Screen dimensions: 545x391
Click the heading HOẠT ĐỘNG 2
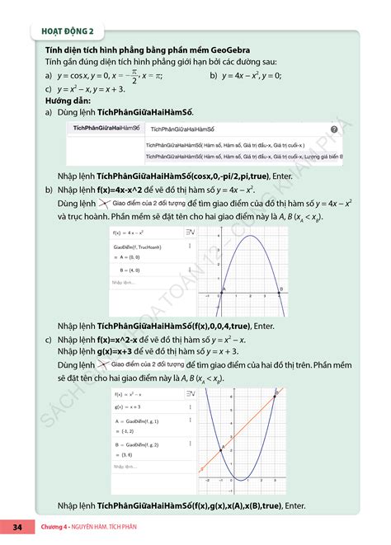(68, 32)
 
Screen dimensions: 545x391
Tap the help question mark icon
(333, 129)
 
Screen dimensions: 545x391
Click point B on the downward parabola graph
(280, 291)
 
